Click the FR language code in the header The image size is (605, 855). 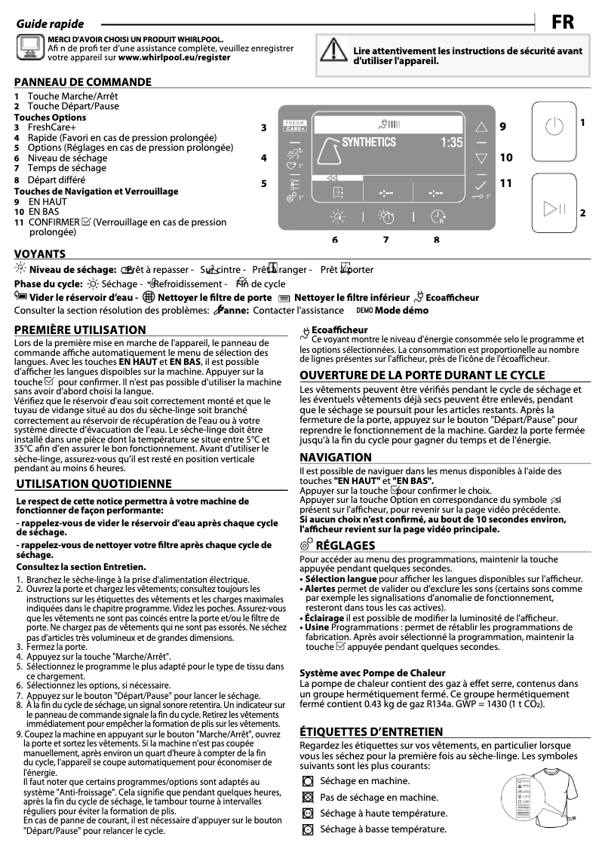[x=562, y=23]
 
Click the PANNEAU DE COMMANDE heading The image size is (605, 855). [x=82, y=81]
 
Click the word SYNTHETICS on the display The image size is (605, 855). [x=368, y=142]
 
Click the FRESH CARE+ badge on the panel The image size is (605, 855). [x=294, y=126]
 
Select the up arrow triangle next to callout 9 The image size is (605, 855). [x=481, y=127]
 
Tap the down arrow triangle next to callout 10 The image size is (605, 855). [x=481, y=158]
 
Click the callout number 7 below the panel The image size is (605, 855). [x=385, y=241]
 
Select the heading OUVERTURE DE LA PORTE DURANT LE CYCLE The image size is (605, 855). [x=422, y=375]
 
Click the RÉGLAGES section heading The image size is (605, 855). [x=345, y=544]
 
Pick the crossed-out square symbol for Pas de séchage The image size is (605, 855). [x=307, y=797]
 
